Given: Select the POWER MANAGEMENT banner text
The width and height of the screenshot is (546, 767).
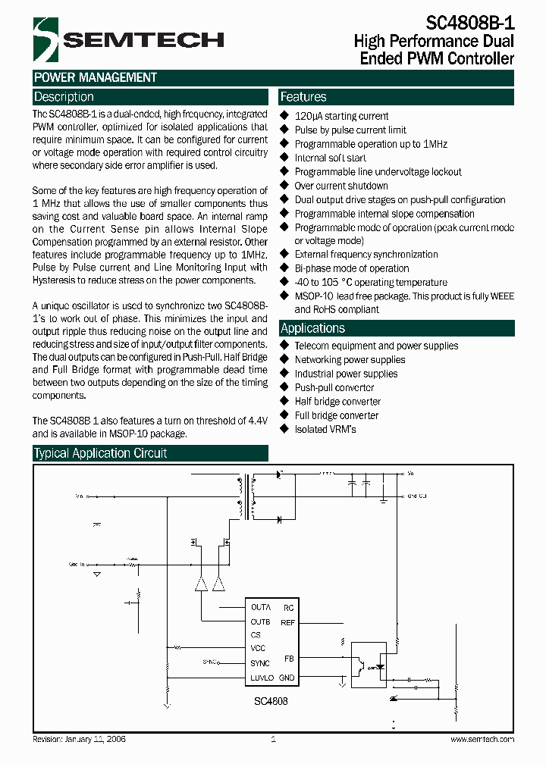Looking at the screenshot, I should pyautogui.click(x=96, y=77).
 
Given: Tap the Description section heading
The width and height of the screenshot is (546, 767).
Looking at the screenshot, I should pyautogui.click(x=64, y=97).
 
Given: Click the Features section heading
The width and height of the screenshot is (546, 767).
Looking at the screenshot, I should pyautogui.click(x=303, y=97).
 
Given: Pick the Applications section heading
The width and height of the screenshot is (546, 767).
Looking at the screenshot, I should pyautogui.click(x=312, y=328).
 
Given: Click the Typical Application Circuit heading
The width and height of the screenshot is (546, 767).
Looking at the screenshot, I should pyautogui.click(x=100, y=453).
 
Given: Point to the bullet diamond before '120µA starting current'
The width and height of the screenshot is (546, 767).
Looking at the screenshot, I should pyautogui.click(x=285, y=116).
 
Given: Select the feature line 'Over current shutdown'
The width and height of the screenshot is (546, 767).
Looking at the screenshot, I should pyautogui.click(x=341, y=186).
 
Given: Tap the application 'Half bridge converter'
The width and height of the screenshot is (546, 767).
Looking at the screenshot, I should pyautogui.click(x=337, y=402).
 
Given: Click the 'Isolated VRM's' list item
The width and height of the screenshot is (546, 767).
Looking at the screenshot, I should pyautogui.click(x=325, y=429).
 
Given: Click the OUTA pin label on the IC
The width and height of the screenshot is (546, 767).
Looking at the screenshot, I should pyautogui.click(x=261, y=608).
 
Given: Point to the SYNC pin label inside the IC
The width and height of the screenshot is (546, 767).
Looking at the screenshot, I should pyautogui.click(x=260, y=663).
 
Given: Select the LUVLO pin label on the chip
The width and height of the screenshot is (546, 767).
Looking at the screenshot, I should pyautogui.click(x=263, y=678).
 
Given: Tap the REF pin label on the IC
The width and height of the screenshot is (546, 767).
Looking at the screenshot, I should pyautogui.click(x=287, y=622).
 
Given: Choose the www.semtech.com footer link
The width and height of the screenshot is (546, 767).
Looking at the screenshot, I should pyautogui.click(x=482, y=739).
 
